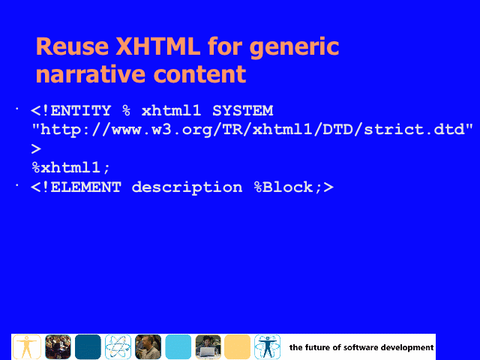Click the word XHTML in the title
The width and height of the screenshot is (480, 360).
pyautogui.click(x=157, y=46)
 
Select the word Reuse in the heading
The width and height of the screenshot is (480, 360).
pyautogui.click(x=72, y=46)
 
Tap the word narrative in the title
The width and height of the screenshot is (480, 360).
pyautogui.click(x=91, y=74)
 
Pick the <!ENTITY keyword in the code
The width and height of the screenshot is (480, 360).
pyautogui.click(x=71, y=110)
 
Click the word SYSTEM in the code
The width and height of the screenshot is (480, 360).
pyautogui.click(x=243, y=110)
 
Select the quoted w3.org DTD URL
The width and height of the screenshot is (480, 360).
pyautogui.click(x=253, y=130)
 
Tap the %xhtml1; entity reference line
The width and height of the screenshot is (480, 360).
pyautogui.click(x=70, y=168)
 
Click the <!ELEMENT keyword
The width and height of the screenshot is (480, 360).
pyautogui.click(x=76, y=187)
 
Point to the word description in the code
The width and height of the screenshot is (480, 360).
pyautogui.click(x=187, y=187)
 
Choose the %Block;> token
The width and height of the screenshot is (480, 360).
pyautogui.click(x=294, y=187)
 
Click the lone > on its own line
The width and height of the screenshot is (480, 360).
pyautogui.click(x=36, y=149)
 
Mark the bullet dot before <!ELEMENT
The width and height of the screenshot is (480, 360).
pyautogui.click(x=17, y=185)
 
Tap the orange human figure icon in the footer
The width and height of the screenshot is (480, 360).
pyautogui.click(x=27, y=346)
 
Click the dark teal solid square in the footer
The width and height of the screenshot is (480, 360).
pyautogui.click(x=88, y=346)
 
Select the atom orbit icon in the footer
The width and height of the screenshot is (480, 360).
pyautogui.click(x=118, y=346)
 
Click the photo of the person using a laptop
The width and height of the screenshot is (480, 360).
pyautogui.click(x=208, y=346)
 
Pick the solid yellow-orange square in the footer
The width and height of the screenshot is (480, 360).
pyautogui.click(x=237, y=346)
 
